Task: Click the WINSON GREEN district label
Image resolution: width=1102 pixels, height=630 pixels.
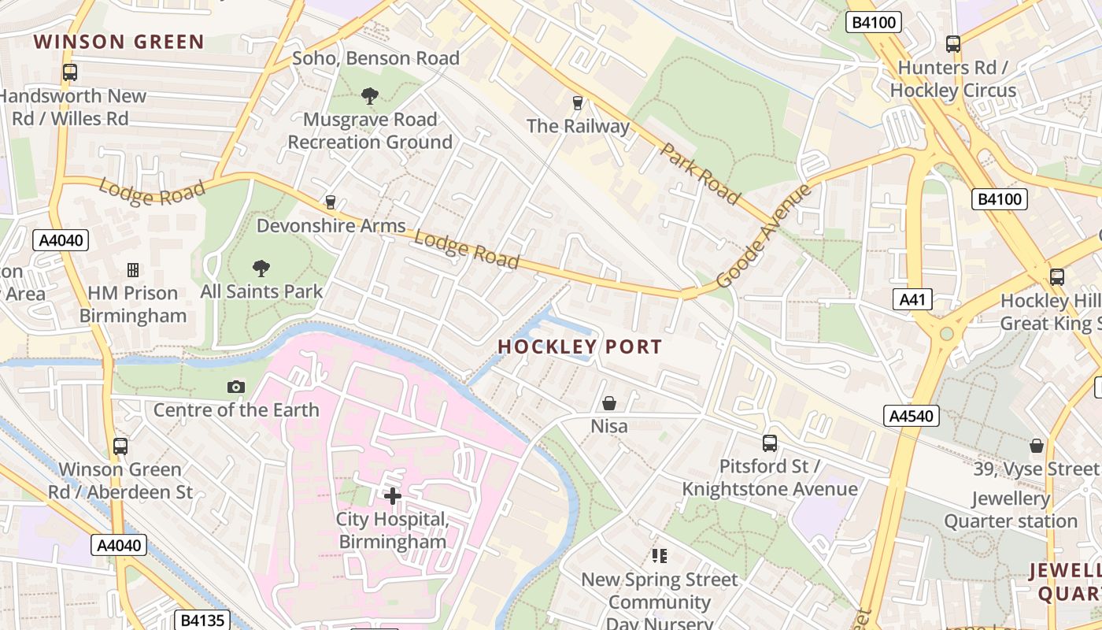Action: tap(119, 42)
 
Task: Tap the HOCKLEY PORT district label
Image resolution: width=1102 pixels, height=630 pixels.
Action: tap(579, 346)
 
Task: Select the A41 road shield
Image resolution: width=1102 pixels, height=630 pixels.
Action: tap(913, 299)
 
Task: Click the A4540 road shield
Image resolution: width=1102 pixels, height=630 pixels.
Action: tap(912, 416)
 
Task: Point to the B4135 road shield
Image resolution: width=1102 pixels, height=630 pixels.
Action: tap(202, 620)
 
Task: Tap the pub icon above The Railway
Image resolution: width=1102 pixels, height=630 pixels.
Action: tap(578, 102)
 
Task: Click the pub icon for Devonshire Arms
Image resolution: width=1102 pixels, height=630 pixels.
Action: tap(331, 202)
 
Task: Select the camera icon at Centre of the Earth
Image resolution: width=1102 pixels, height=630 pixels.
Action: tap(235, 387)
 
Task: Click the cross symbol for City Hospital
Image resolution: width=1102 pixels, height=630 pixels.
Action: tap(392, 495)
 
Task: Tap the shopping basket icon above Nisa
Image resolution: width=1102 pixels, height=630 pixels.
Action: tap(609, 403)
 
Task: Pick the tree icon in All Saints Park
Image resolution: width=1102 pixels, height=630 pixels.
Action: tap(261, 269)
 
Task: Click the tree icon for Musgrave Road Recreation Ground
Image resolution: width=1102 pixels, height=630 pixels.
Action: tap(369, 96)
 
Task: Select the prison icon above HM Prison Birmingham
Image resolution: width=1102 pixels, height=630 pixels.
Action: tap(133, 270)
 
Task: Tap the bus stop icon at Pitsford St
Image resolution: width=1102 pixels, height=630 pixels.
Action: tap(770, 443)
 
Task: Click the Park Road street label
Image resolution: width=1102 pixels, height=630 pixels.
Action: tap(700, 174)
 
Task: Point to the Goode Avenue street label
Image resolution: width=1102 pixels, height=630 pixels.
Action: tap(763, 236)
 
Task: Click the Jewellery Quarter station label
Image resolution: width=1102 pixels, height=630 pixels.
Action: tap(1011, 510)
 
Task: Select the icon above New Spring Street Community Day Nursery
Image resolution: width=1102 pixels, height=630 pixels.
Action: tap(660, 556)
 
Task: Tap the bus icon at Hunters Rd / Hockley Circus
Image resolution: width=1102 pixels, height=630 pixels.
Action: tap(953, 44)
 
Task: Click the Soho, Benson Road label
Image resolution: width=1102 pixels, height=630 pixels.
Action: tap(375, 58)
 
